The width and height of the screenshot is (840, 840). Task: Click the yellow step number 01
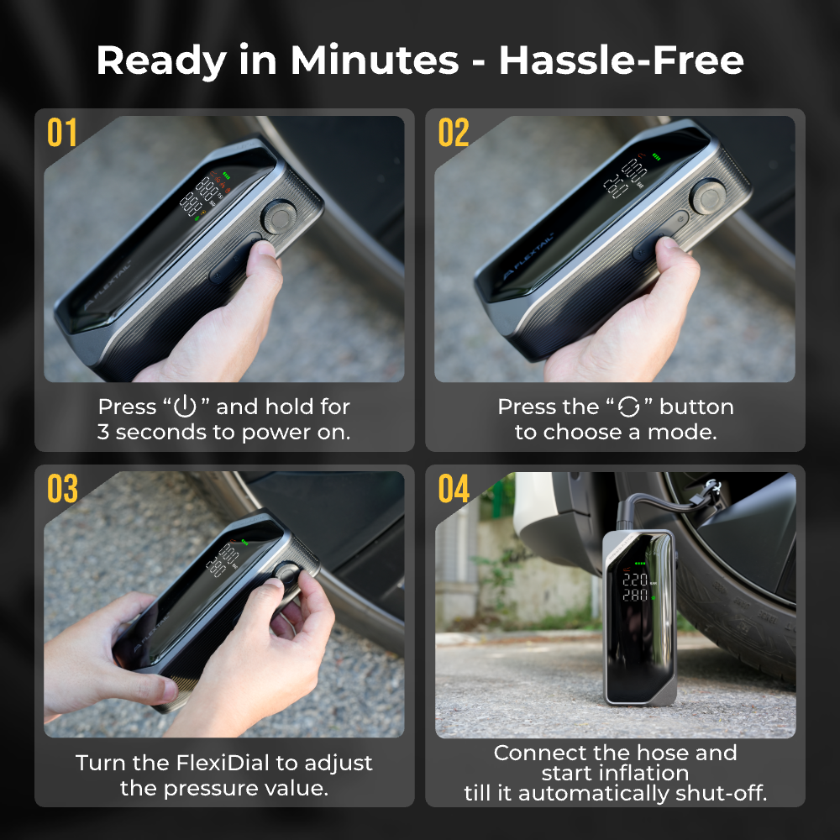point(62,133)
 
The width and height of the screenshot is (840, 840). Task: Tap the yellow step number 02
point(454,133)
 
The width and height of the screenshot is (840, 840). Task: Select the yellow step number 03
point(63,488)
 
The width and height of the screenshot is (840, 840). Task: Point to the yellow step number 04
point(454,488)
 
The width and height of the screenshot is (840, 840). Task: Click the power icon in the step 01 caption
point(185,406)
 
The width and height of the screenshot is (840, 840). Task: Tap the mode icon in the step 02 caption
point(628,407)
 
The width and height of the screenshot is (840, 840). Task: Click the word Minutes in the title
point(375,60)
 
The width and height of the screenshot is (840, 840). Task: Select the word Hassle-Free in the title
point(622,60)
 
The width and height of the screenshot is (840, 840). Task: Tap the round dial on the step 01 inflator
point(279,217)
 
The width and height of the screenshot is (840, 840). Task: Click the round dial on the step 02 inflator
point(707,196)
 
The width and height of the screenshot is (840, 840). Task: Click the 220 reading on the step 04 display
point(634,580)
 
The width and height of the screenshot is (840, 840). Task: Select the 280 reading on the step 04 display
point(634,595)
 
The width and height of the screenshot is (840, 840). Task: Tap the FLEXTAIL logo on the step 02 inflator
point(528,256)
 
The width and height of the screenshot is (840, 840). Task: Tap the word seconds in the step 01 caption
point(160,432)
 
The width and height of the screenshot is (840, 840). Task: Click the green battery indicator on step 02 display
point(656,158)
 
